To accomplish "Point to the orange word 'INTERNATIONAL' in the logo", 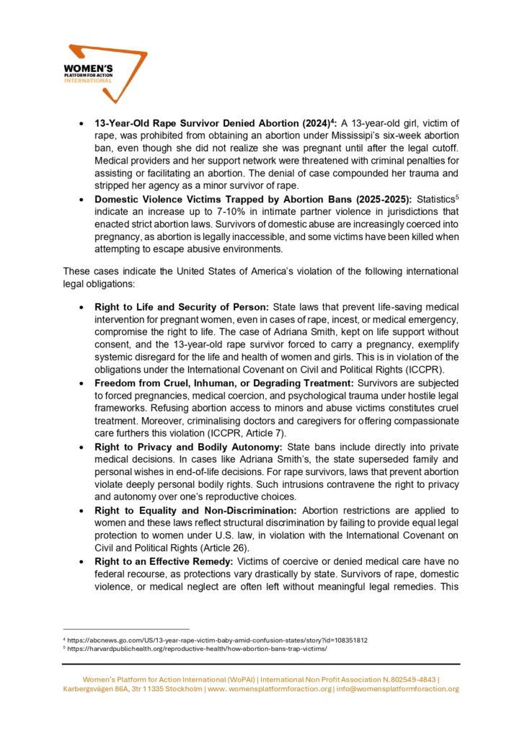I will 89,81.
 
